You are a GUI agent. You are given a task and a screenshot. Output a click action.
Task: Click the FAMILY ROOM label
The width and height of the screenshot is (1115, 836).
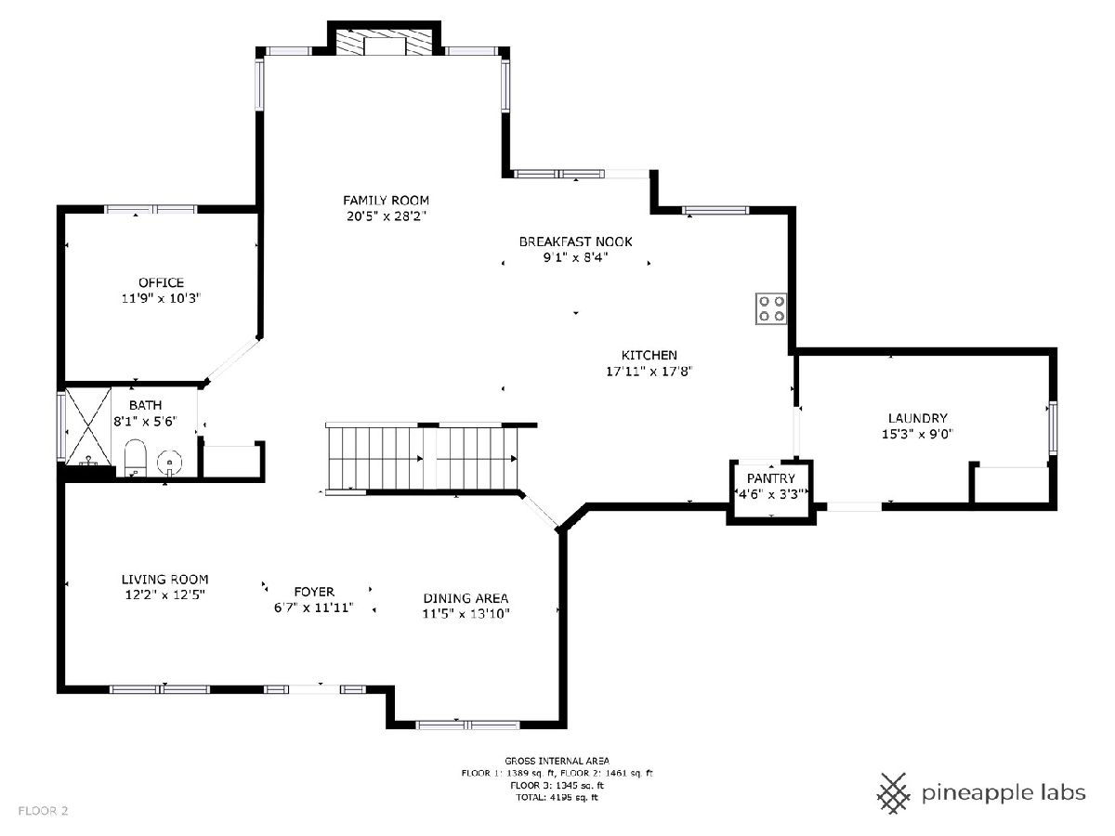386,200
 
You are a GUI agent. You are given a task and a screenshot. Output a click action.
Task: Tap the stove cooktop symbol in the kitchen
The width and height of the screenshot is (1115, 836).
771,308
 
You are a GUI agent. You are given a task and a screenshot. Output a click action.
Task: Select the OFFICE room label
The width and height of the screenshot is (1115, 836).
161,282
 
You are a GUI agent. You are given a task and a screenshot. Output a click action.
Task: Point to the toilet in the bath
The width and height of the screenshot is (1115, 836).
135,458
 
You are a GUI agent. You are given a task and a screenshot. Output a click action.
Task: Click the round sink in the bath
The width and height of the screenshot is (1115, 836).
170,463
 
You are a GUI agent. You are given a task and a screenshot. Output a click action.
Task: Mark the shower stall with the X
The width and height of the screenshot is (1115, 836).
88,425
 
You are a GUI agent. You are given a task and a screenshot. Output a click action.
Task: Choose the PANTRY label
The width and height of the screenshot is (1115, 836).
770,478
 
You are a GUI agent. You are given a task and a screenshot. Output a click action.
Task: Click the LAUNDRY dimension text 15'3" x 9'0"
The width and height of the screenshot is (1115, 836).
917,434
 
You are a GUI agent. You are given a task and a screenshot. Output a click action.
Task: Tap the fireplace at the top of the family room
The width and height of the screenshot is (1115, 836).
385,42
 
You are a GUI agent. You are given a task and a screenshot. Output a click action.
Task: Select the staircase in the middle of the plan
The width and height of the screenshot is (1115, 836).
423,458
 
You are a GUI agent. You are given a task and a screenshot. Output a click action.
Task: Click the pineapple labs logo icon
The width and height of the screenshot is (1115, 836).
895,792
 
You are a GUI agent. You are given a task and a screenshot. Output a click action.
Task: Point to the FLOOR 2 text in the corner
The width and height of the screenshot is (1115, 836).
43,811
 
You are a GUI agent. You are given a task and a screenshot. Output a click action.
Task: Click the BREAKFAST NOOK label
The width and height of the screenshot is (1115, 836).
575,242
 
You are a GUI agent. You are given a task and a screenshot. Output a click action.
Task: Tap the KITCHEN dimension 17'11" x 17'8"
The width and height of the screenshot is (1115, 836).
649,371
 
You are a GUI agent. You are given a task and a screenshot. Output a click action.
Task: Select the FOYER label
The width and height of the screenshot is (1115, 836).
314,592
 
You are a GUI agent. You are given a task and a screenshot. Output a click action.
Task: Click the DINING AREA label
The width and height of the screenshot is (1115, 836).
466,598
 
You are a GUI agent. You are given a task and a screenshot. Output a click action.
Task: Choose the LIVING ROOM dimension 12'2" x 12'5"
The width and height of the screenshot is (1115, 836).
165,594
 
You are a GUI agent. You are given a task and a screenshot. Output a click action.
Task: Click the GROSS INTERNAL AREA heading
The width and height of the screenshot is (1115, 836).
557,761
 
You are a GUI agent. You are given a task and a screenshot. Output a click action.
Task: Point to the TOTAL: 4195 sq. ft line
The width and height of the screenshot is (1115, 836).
557,797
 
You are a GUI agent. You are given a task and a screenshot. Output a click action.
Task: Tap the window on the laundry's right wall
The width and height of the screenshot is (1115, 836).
1053,427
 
